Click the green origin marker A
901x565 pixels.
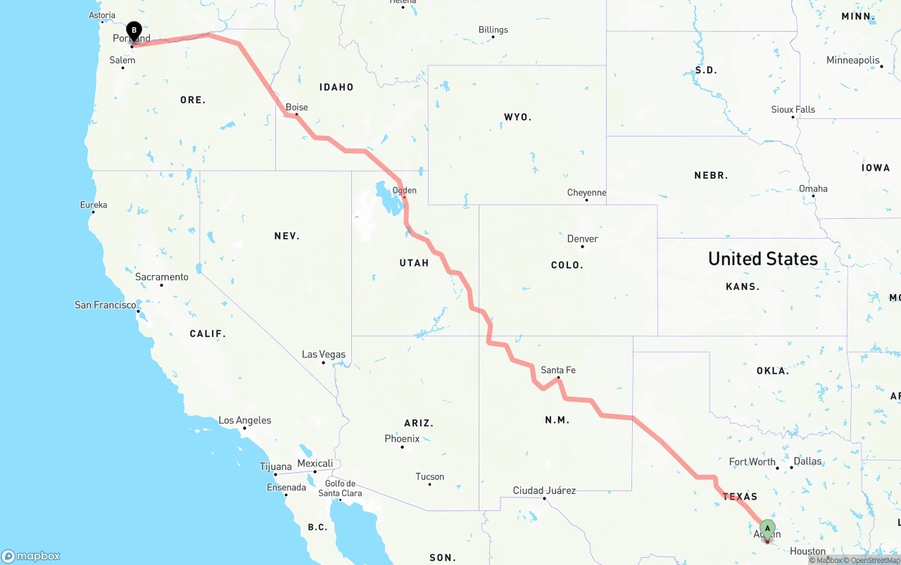click(x=767, y=529)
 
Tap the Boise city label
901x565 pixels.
click(x=296, y=108)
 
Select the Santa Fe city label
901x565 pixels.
click(x=558, y=370)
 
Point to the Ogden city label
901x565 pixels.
click(x=404, y=190)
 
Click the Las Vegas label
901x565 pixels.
click(x=323, y=354)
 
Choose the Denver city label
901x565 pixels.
click(x=583, y=239)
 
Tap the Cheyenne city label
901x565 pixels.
click(x=586, y=193)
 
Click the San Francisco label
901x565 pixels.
click(x=106, y=305)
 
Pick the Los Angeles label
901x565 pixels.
click(x=244, y=420)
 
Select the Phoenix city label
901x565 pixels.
click(x=402, y=438)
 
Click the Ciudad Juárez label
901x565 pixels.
click(x=544, y=490)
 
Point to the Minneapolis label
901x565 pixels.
click(x=853, y=61)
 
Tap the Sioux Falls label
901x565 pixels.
click(x=793, y=110)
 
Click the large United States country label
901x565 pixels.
click(x=763, y=259)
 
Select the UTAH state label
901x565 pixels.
click(x=414, y=263)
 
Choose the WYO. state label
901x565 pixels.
click(x=517, y=117)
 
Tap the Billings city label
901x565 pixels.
click(x=493, y=30)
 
